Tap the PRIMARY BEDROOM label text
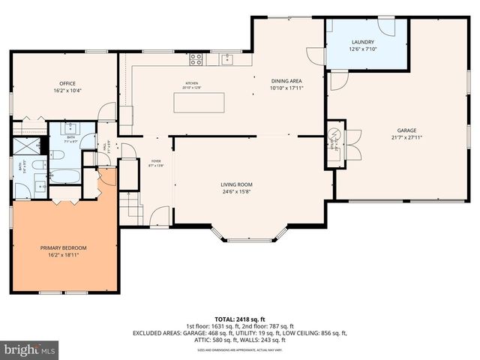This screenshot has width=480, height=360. tap(64, 248)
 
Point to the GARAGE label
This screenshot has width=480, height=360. tap(406, 130)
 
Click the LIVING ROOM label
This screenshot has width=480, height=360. tap(236, 184)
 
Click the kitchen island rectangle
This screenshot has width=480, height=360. tap(199, 101)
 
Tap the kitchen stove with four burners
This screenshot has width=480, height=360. tap(196, 58)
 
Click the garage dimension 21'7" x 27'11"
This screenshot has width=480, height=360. tap(406, 137)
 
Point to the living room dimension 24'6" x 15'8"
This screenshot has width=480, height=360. tap(236, 192)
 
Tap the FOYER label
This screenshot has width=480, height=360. tap(156, 160)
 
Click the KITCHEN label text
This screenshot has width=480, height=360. tap(192, 83)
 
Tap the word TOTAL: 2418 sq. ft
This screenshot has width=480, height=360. tap(239, 319)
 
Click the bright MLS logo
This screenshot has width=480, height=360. tap(30, 349)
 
